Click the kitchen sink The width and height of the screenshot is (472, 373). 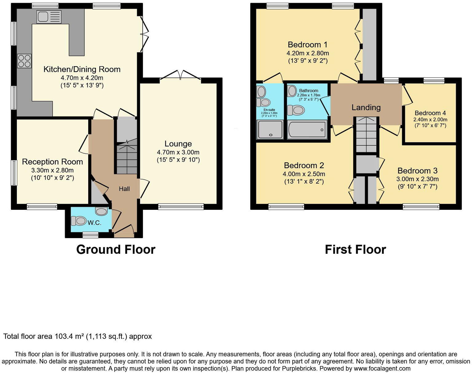[49, 17]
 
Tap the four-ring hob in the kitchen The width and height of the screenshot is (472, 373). [24, 61]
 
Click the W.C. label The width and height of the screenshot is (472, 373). [94, 223]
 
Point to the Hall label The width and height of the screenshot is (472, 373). [124, 189]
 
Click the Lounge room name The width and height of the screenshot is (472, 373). [178, 144]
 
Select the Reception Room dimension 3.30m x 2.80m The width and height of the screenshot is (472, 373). [52, 170]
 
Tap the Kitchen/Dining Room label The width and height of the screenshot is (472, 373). [82, 69]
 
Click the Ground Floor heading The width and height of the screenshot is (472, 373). [116, 249]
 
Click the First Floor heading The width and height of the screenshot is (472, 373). [355, 249]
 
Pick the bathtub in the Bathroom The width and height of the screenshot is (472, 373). [307, 129]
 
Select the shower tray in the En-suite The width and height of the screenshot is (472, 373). [270, 129]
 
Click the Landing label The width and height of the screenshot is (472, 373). [366, 107]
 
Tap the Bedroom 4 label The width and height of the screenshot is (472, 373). [430, 113]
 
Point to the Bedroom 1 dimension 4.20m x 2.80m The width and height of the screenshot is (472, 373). [308, 53]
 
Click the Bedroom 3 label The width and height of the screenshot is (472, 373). [417, 171]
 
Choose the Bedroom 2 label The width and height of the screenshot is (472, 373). [304, 165]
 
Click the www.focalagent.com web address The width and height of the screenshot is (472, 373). [382, 368]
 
